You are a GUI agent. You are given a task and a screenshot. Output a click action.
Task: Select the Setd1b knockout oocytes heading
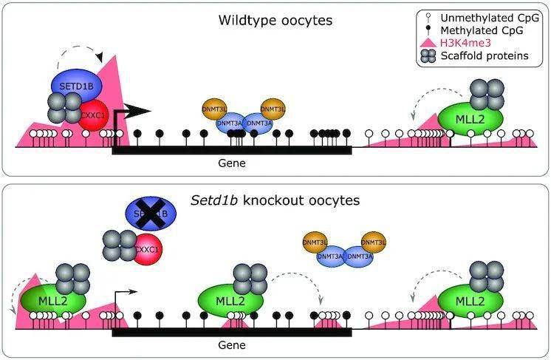pos(275,200)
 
